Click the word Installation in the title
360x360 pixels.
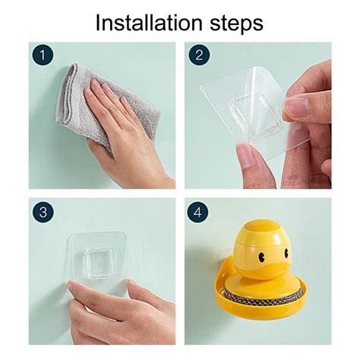click(x=149, y=23)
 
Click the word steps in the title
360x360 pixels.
click(x=236, y=24)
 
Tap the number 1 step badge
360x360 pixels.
click(x=43, y=55)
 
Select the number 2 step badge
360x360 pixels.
click(x=199, y=55)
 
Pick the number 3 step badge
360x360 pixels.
click(x=43, y=212)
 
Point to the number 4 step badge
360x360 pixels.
click(x=197, y=212)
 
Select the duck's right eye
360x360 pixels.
click(x=286, y=252)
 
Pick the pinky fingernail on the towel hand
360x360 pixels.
click(x=125, y=101)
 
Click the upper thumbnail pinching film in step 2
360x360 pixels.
click(x=296, y=108)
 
